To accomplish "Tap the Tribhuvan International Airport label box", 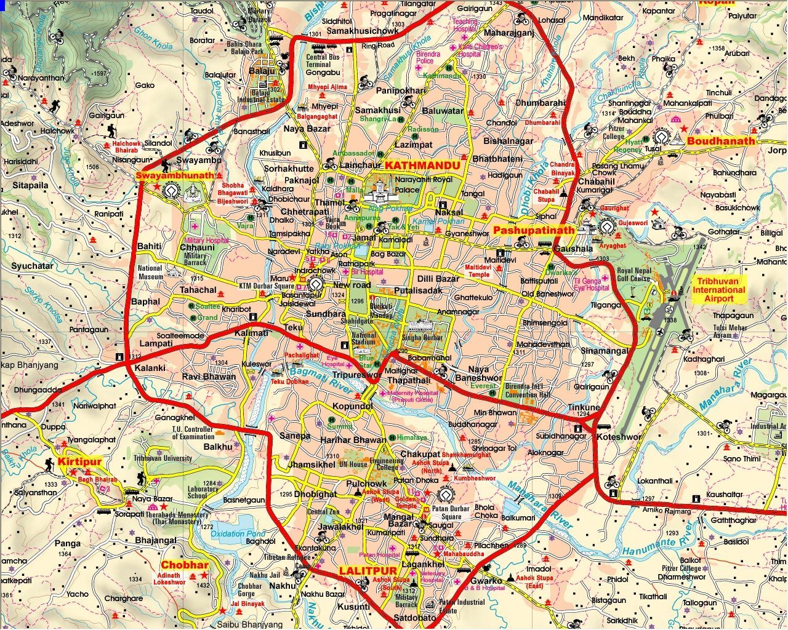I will (x=718, y=289).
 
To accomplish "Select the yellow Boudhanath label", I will (x=720, y=141).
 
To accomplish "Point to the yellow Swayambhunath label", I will (x=175, y=175).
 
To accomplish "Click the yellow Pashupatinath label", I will (x=533, y=229).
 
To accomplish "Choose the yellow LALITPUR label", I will (x=368, y=570).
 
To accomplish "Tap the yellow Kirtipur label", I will (x=79, y=461).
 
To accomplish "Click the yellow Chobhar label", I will (x=185, y=565).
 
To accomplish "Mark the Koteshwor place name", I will (x=619, y=437).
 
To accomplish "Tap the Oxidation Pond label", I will (x=238, y=533).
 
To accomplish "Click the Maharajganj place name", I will (x=509, y=33).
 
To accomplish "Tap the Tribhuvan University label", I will (x=163, y=458).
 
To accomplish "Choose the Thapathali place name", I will (x=409, y=381).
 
